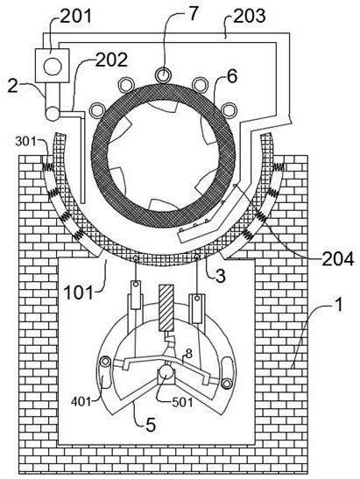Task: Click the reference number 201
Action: (76, 16)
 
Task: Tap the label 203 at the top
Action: (249, 16)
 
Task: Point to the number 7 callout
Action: (193, 13)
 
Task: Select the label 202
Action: (111, 60)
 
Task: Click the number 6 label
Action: (232, 76)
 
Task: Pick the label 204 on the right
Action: (338, 259)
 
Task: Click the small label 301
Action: (25, 141)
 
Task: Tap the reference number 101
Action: (78, 292)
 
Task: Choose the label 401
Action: (81, 401)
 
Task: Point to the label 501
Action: (182, 402)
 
